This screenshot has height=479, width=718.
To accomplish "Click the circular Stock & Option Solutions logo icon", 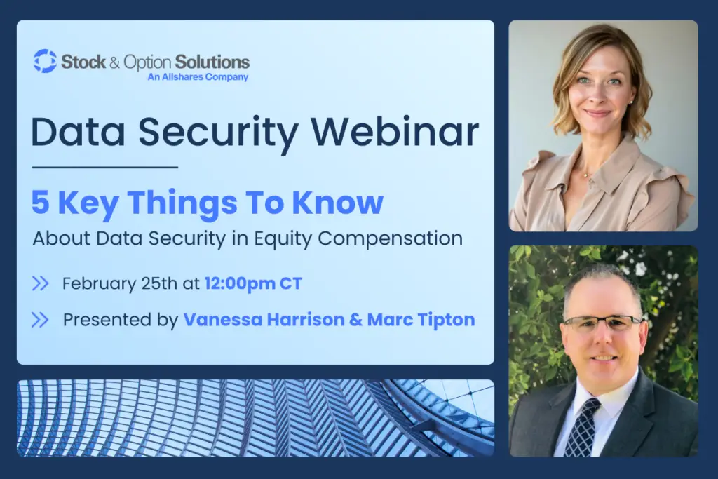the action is (x=45, y=61).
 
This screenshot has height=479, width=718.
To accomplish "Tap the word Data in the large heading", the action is (x=78, y=133).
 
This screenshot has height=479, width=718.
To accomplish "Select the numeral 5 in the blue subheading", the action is (x=40, y=202).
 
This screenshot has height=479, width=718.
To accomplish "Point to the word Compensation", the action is (x=390, y=238).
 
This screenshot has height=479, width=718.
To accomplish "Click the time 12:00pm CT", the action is (x=253, y=283).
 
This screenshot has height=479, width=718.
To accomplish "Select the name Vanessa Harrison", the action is (x=264, y=320).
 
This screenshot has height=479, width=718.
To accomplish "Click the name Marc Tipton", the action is (x=421, y=320).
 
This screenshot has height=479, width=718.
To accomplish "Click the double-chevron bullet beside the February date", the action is (x=40, y=283).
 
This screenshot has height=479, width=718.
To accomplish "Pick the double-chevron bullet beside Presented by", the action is (x=40, y=320).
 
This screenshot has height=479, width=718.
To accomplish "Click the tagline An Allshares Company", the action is (x=198, y=77).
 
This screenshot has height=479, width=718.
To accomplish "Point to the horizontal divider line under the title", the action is (x=105, y=168).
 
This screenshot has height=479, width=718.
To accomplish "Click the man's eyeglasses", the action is (x=602, y=323).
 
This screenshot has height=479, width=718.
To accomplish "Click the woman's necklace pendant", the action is (x=585, y=175).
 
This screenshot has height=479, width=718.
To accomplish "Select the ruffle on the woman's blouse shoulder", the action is (x=672, y=188).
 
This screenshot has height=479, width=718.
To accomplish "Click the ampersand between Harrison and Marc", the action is (x=355, y=320).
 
